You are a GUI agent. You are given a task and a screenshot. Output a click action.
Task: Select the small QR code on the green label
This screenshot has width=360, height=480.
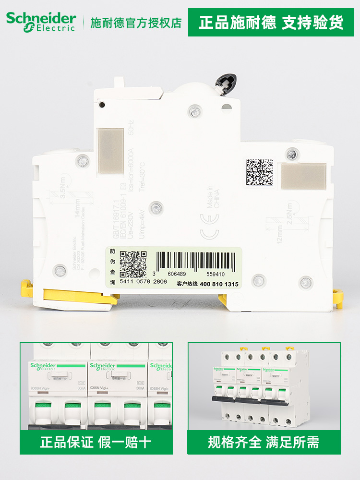click(132, 264)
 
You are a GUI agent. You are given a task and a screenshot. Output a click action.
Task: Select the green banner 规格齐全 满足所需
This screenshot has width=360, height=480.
click(264, 442)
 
